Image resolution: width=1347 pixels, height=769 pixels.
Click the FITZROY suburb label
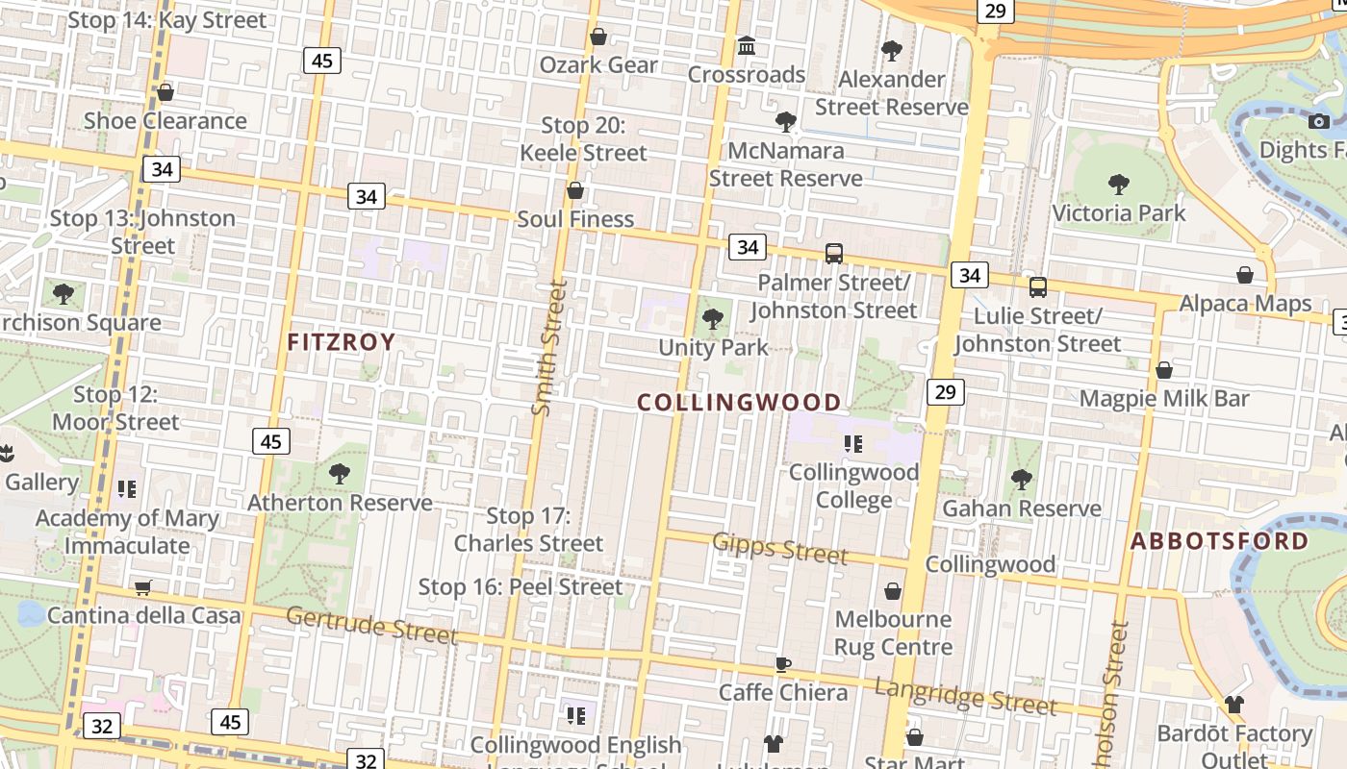[x=342, y=341]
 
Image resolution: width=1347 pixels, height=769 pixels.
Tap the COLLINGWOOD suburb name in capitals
[x=739, y=402]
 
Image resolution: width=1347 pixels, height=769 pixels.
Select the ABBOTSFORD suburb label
[x=1219, y=540]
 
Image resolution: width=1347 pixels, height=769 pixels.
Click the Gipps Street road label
[x=780, y=548]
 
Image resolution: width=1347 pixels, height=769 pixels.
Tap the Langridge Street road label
[x=965, y=695]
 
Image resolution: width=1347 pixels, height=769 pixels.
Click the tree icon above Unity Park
[x=713, y=319]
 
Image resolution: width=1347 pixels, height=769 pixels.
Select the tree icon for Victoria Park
[x=1118, y=184]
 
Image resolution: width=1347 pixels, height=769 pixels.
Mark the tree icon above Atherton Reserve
[x=339, y=473]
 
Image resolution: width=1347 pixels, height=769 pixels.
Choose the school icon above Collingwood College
[x=852, y=443]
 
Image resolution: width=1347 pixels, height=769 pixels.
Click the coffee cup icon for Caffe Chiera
[x=783, y=664]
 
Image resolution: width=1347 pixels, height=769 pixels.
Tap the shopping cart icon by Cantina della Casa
[x=143, y=587]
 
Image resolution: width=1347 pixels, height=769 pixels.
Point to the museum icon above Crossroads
[x=747, y=45]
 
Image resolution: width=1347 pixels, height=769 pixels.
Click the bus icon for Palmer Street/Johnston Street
[x=834, y=254]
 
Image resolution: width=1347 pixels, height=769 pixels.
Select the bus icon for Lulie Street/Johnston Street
[x=1037, y=286]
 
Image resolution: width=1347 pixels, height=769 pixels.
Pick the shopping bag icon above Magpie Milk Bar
[x=1164, y=370]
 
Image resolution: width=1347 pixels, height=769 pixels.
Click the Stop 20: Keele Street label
[x=583, y=138]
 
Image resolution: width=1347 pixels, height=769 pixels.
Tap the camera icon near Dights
[x=1319, y=121]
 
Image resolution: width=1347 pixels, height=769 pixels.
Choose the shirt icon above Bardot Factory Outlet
[x=1234, y=705]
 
